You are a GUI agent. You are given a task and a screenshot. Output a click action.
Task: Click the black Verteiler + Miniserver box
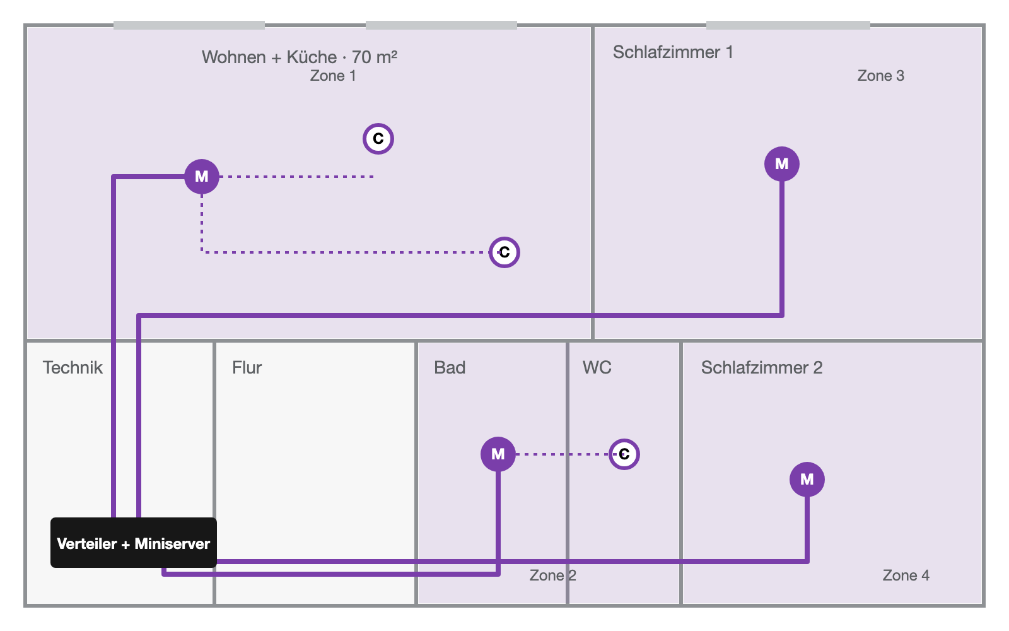tap(133, 543)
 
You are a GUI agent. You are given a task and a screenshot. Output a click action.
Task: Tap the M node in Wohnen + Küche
tap(202, 177)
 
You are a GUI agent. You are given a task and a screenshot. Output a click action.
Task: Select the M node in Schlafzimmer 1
tap(782, 164)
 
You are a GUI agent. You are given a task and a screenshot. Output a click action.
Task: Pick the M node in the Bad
tap(498, 454)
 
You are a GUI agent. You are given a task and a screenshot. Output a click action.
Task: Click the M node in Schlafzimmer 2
tap(807, 480)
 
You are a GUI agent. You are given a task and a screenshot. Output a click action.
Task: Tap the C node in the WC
tap(624, 454)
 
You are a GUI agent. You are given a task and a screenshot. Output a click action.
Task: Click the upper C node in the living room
tap(378, 139)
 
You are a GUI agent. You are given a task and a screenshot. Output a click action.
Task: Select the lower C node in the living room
tap(504, 252)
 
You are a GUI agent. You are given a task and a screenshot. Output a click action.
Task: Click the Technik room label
tap(73, 368)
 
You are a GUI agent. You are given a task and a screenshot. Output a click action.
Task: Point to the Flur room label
tap(247, 368)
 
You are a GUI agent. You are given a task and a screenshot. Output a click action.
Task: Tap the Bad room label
tap(450, 368)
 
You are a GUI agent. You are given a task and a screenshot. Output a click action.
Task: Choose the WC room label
tap(597, 368)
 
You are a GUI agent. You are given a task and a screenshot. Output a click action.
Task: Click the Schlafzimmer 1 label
tap(673, 52)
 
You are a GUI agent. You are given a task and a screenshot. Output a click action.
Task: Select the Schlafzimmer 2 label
tap(762, 368)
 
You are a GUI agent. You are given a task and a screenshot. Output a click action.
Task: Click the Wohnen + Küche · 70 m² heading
tap(300, 57)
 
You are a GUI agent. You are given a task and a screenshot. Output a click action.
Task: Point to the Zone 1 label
tap(333, 76)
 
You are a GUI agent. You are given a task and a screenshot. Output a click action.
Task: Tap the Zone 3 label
tap(880, 76)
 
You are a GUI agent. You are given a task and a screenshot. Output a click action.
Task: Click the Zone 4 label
tap(906, 575)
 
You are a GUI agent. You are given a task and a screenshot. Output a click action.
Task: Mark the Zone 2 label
tap(552, 575)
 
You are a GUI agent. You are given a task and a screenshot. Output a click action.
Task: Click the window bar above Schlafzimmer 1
tap(788, 25)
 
